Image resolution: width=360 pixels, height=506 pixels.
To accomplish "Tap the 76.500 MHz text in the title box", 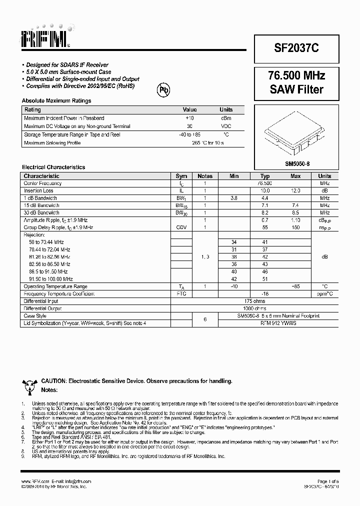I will pos(296,76).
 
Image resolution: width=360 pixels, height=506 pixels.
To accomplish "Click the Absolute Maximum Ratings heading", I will pos(56,100).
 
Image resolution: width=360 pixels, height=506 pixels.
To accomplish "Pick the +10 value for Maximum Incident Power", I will pos(189,118).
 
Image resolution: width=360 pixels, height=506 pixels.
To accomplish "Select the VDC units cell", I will pos(226,126).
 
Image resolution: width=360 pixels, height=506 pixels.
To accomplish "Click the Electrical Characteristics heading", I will pos(53,167).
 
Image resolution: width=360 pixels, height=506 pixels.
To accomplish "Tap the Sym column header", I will pos(181,176).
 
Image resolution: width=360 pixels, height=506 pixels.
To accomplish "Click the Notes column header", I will pos(205,176).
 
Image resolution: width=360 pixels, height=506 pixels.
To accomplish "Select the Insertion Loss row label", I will pos(38,190).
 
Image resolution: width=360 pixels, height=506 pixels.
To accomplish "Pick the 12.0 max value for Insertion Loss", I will pos(295,190).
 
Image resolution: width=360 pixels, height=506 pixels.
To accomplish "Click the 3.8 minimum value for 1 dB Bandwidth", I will pos(233,198).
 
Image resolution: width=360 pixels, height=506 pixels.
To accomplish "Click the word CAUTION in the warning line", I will pos(53,381).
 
